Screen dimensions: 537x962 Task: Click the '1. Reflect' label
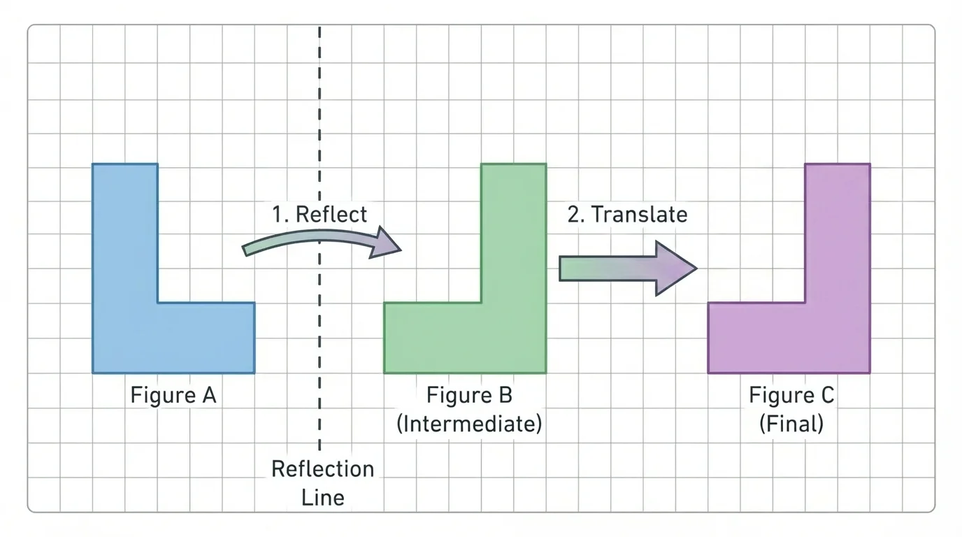(x=320, y=214)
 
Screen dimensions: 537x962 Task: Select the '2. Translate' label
(x=627, y=214)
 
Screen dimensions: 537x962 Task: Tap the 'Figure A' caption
(x=173, y=396)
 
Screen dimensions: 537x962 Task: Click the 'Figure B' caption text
(x=469, y=396)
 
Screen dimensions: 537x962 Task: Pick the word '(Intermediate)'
(x=469, y=424)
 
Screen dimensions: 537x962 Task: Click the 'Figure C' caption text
(x=791, y=396)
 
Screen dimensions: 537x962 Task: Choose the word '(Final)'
(x=791, y=424)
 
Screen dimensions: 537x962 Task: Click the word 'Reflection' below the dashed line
(x=322, y=468)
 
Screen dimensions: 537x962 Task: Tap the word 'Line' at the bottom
(x=322, y=497)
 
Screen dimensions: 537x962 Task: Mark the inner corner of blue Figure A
(x=158, y=303)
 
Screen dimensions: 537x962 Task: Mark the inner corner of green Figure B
(x=481, y=303)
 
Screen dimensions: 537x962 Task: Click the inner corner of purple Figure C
(x=805, y=303)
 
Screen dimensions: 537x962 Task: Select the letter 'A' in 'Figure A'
(x=209, y=396)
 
